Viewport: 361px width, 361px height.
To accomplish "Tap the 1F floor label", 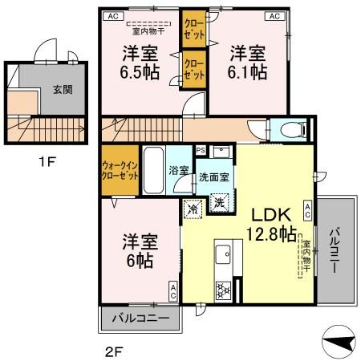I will point(45,160).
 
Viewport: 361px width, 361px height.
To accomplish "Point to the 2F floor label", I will point(114,350).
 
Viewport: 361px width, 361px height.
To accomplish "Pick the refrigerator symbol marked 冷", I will point(193,209).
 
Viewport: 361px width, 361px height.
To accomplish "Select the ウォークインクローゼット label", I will point(120,171).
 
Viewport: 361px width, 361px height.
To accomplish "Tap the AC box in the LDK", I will point(307,211).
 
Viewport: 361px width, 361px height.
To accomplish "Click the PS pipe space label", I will point(201,149).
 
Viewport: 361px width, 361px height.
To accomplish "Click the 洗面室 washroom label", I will point(215,176).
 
